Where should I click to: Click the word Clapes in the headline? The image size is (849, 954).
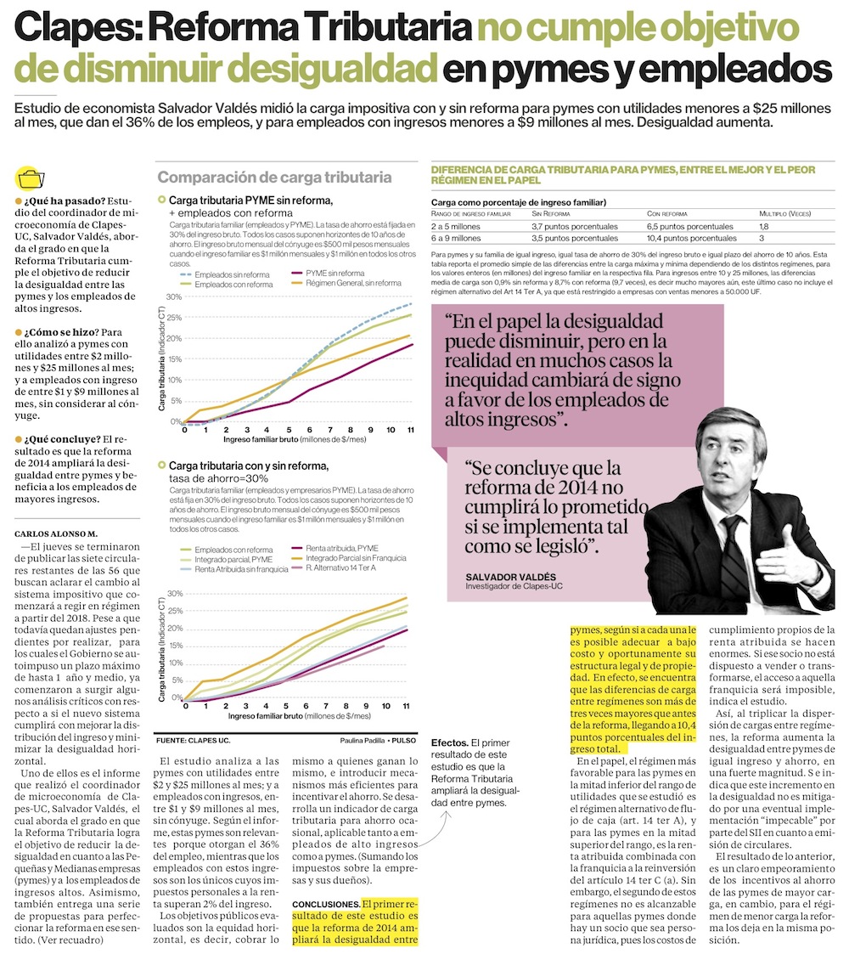pos(75,31)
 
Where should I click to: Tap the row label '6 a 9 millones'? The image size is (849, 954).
pos(457,239)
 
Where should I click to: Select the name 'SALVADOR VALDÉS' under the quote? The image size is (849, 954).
pos(511,577)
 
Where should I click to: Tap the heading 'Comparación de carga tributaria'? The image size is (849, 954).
pos(275,178)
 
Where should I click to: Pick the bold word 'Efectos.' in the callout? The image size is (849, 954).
pos(450,742)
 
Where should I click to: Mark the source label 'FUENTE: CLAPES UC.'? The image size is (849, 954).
pos(194,740)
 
